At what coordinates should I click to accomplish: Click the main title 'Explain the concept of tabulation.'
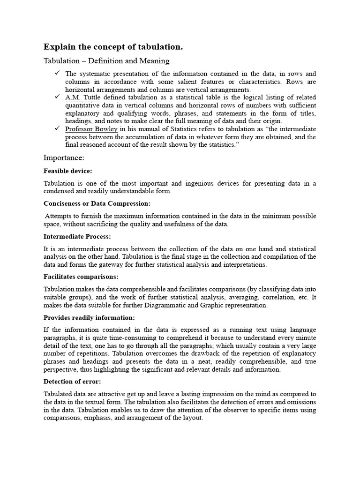(113, 47)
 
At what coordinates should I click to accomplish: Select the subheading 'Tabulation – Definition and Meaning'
(106, 61)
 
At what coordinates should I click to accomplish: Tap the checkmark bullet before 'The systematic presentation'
(57, 73)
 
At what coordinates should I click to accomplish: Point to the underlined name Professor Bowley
(91, 129)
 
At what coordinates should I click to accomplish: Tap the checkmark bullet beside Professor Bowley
(57, 128)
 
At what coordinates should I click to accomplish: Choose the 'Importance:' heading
(64, 157)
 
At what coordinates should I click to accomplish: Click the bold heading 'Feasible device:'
(67, 171)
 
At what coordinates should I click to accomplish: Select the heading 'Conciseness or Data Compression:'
(97, 204)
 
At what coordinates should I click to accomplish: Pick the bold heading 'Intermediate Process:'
(77, 236)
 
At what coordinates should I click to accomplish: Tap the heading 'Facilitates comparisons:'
(81, 277)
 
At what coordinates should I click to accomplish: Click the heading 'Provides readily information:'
(89, 317)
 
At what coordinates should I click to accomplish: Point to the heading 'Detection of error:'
(72, 381)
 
